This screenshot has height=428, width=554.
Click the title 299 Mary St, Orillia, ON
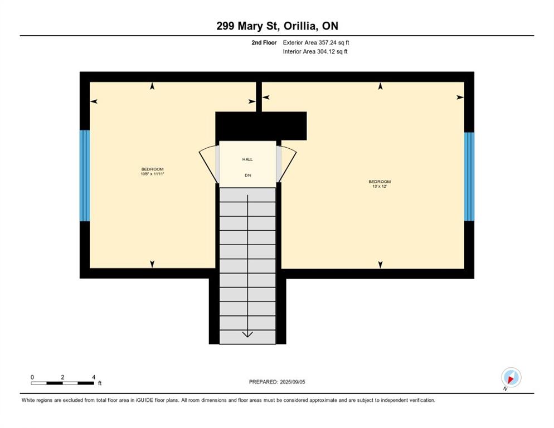pos(277,26)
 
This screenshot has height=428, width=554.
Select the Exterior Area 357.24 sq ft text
pos(316,42)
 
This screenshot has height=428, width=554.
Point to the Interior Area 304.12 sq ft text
pos(315,52)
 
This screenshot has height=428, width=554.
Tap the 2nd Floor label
pos(264,42)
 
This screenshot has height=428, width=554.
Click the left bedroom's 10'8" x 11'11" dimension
pos(152,174)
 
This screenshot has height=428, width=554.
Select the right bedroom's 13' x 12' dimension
pos(380,187)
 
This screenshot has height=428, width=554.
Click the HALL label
pos(247,159)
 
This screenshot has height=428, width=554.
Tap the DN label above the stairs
pos(247,175)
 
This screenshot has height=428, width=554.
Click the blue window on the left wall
pos(85,176)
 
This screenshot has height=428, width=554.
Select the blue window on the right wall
pos(469,177)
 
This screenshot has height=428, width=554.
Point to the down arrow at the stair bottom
pos(247,334)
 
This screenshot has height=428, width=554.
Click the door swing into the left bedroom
pos(209,163)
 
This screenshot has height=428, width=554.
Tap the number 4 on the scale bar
pos(93,377)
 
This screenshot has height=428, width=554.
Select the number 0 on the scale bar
pos(32,377)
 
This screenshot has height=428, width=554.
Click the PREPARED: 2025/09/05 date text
pos(277,382)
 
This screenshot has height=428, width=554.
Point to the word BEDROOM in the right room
pos(380,181)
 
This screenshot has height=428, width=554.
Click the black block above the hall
pos(261,126)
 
